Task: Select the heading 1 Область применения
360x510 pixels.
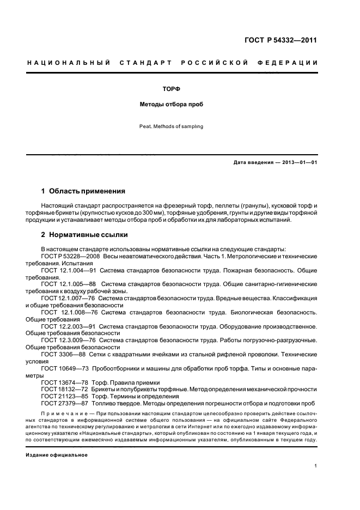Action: [83, 191]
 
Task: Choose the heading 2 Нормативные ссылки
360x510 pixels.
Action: [84, 235]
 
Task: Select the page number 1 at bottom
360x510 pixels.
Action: [316, 466]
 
